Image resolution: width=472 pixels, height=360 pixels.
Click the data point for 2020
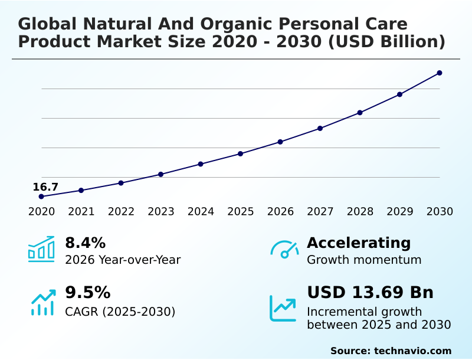(x=41, y=197)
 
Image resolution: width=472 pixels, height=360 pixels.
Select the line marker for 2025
(x=240, y=154)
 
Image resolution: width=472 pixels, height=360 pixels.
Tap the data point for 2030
(x=440, y=73)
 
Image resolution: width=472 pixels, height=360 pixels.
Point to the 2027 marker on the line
(x=320, y=128)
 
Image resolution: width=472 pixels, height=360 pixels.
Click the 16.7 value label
(x=45, y=187)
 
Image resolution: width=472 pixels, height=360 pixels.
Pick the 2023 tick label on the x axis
(x=160, y=211)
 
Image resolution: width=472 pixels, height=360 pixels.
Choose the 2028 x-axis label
(x=360, y=211)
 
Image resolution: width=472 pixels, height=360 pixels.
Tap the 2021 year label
(x=81, y=211)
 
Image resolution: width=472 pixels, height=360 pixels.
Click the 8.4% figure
(x=85, y=243)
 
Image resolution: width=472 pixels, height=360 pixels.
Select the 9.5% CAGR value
(x=87, y=293)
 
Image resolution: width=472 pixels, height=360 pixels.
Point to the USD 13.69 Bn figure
(x=370, y=293)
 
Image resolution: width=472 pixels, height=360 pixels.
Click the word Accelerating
(x=359, y=243)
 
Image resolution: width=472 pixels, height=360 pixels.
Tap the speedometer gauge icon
(x=284, y=250)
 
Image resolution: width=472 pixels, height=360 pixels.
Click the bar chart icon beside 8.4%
(x=41, y=249)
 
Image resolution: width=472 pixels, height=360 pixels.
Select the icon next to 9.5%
(x=42, y=302)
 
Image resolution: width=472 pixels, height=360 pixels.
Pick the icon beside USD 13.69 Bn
(x=283, y=308)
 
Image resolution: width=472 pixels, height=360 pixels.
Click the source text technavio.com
(x=412, y=351)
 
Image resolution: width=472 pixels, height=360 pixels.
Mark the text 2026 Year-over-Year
(x=123, y=260)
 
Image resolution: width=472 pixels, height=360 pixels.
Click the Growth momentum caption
(x=364, y=260)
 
